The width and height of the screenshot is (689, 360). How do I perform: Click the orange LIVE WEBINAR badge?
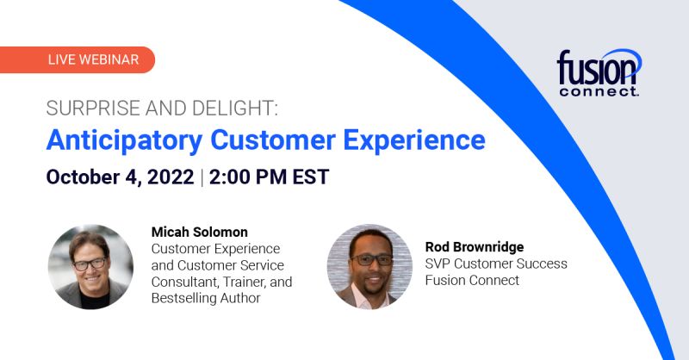(x=78, y=59)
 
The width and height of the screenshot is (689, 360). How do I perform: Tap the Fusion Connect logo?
(x=599, y=72)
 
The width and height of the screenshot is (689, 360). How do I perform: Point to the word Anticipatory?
(x=124, y=141)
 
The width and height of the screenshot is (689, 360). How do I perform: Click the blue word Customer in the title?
(x=272, y=140)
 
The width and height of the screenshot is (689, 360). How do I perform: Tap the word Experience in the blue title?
(x=414, y=141)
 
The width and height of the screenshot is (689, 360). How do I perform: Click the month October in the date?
(x=83, y=177)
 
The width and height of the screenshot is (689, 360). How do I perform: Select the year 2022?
(x=171, y=177)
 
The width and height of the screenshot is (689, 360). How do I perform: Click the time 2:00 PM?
(x=248, y=177)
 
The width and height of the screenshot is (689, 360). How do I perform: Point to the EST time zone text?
(x=311, y=177)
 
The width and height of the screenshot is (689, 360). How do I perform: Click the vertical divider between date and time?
(x=202, y=177)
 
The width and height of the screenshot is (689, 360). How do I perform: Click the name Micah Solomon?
(x=200, y=232)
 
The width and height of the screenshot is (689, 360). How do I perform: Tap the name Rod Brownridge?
(x=475, y=247)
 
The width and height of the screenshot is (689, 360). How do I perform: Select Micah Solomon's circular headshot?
(x=90, y=267)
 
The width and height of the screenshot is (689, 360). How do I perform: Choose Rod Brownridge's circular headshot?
(x=369, y=267)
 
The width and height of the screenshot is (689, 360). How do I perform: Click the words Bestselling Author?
(x=206, y=298)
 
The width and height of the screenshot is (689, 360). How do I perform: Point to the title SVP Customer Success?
(x=496, y=264)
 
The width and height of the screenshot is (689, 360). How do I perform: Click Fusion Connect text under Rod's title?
(x=472, y=281)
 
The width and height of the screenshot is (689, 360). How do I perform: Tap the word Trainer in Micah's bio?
(x=243, y=282)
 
